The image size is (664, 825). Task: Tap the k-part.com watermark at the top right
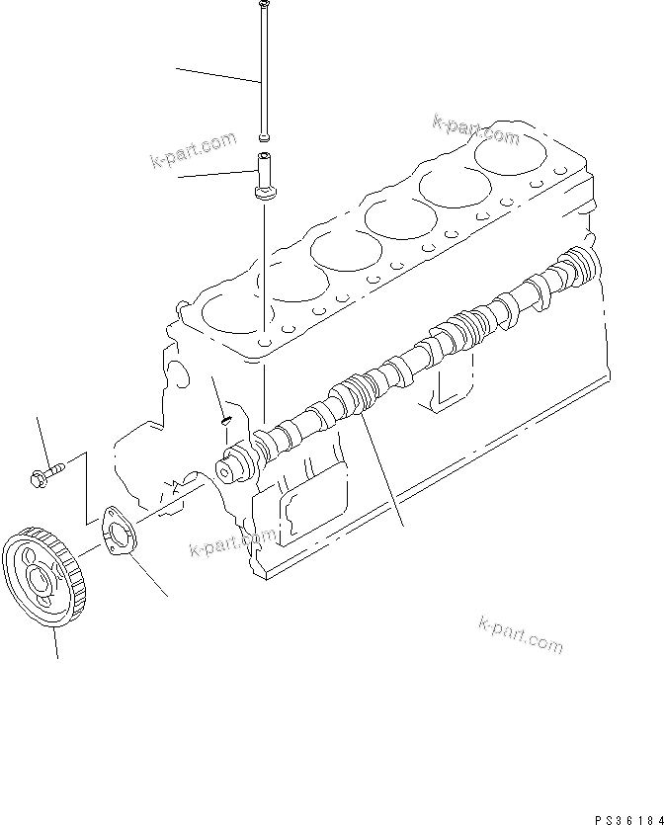[x=475, y=129]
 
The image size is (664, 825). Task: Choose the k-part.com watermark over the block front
[x=233, y=541]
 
